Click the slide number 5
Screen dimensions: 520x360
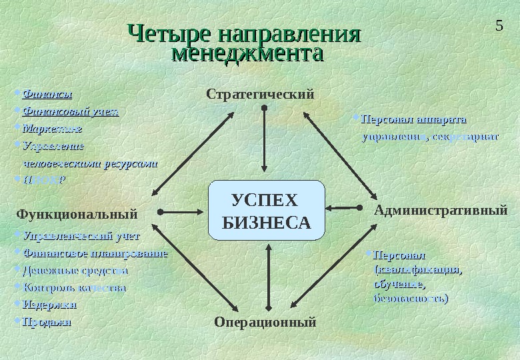click(x=499, y=26)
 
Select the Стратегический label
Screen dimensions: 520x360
click(x=260, y=94)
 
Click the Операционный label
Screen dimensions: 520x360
click(x=265, y=322)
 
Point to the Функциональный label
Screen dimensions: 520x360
click(x=77, y=214)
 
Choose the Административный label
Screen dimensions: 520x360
click(x=441, y=211)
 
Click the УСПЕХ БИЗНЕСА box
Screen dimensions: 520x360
click(x=266, y=211)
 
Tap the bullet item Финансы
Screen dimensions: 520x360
click(x=47, y=93)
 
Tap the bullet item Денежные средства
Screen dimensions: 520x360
click(x=75, y=271)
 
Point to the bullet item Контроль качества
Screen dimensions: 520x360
click(x=74, y=288)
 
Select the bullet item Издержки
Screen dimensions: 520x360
click(x=50, y=305)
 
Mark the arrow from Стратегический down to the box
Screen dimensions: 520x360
click(x=265, y=140)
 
